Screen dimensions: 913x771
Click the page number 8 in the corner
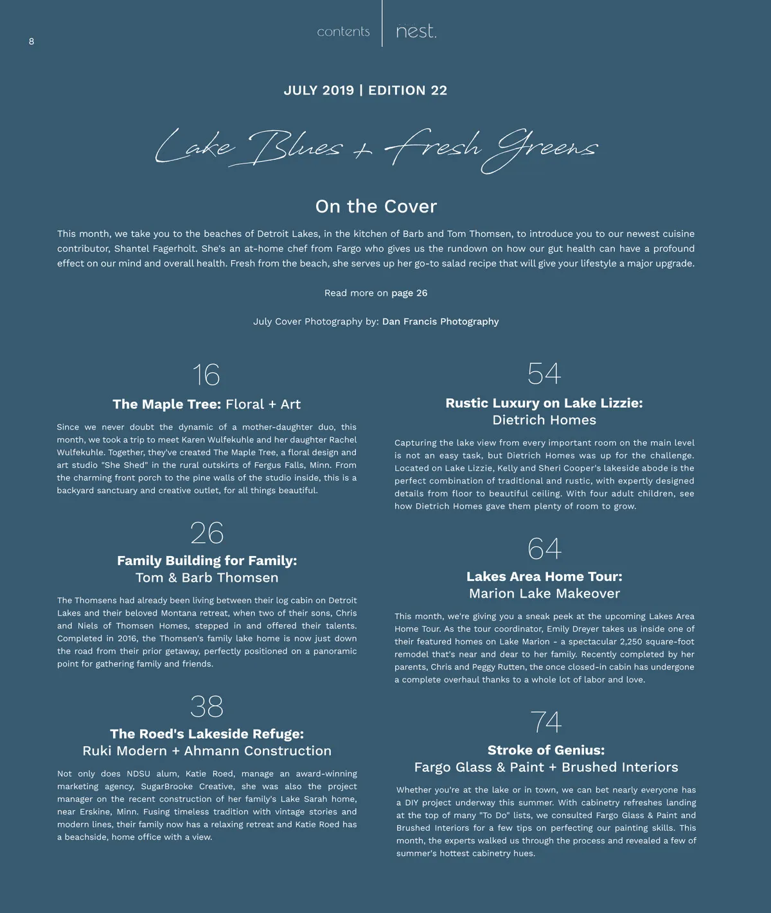[x=31, y=42]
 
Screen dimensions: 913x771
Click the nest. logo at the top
[x=416, y=31]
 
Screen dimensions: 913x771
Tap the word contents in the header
[x=343, y=31]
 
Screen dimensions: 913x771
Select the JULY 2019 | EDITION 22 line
[x=365, y=91]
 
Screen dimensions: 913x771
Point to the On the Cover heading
[x=376, y=207]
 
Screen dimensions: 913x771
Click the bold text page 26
[x=409, y=293]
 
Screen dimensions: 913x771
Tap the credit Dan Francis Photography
[x=440, y=322]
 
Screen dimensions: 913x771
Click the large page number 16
[x=206, y=376]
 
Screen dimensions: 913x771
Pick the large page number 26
[x=207, y=534]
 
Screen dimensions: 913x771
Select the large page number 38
[x=207, y=707]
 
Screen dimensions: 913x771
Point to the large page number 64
[x=544, y=549]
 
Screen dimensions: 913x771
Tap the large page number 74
[x=545, y=722]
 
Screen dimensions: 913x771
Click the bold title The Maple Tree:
[x=166, y=404]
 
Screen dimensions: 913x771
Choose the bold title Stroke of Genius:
[x=545, y=751]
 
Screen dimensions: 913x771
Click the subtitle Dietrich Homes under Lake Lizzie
[x=544, y=421]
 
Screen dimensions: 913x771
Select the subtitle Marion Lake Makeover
[x=544, y=594]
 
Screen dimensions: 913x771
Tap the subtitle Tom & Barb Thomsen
[x=207, y=578]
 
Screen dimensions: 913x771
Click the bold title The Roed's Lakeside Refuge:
[x=207, y=734]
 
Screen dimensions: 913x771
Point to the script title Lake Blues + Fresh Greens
[x=376, y=149]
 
